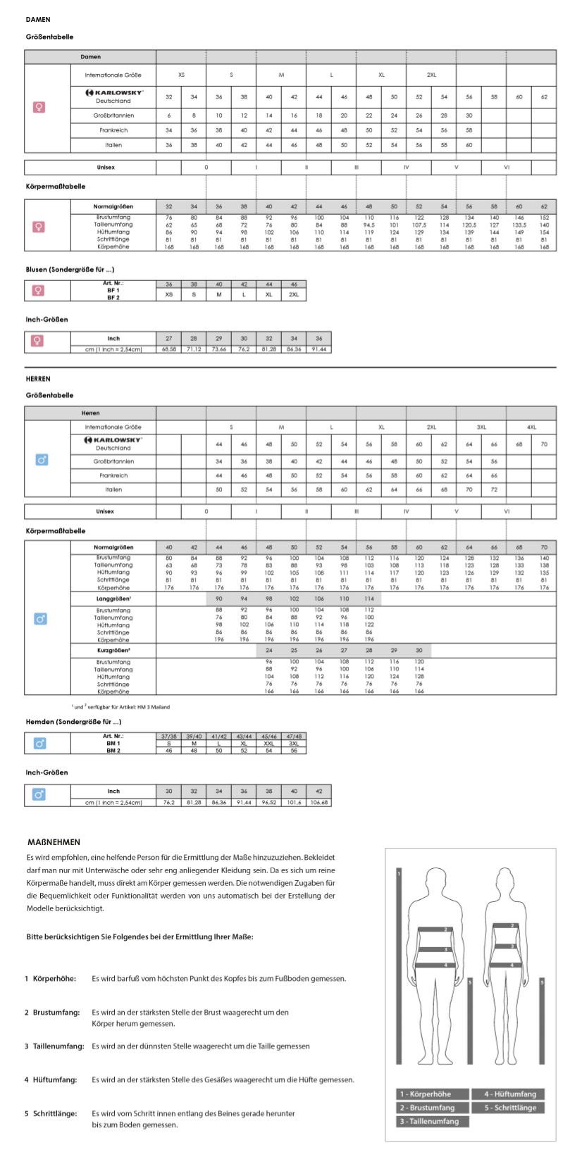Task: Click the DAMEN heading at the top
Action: pos(38,20)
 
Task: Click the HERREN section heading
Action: pos(38,379)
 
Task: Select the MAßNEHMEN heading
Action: pos(54,842)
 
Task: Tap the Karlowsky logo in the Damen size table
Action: pos(113,92)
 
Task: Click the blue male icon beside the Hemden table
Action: pos(40,743)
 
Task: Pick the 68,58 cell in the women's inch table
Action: pos(169,349)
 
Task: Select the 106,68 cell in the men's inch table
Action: pos(319,802)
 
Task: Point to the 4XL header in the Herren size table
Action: pos(531,427)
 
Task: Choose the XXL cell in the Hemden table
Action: pos(269,744)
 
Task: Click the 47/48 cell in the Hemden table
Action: pos(294,737)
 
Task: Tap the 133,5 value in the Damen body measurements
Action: pos(519,225)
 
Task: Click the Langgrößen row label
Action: pos(113,599)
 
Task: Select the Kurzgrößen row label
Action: pos(113,651)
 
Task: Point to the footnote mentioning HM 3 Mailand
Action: pos(120,707)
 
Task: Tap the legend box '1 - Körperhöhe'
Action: pos(433,1094)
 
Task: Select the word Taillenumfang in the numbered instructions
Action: pos(58,1046)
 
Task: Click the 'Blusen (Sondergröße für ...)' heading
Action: pos(70,270)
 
